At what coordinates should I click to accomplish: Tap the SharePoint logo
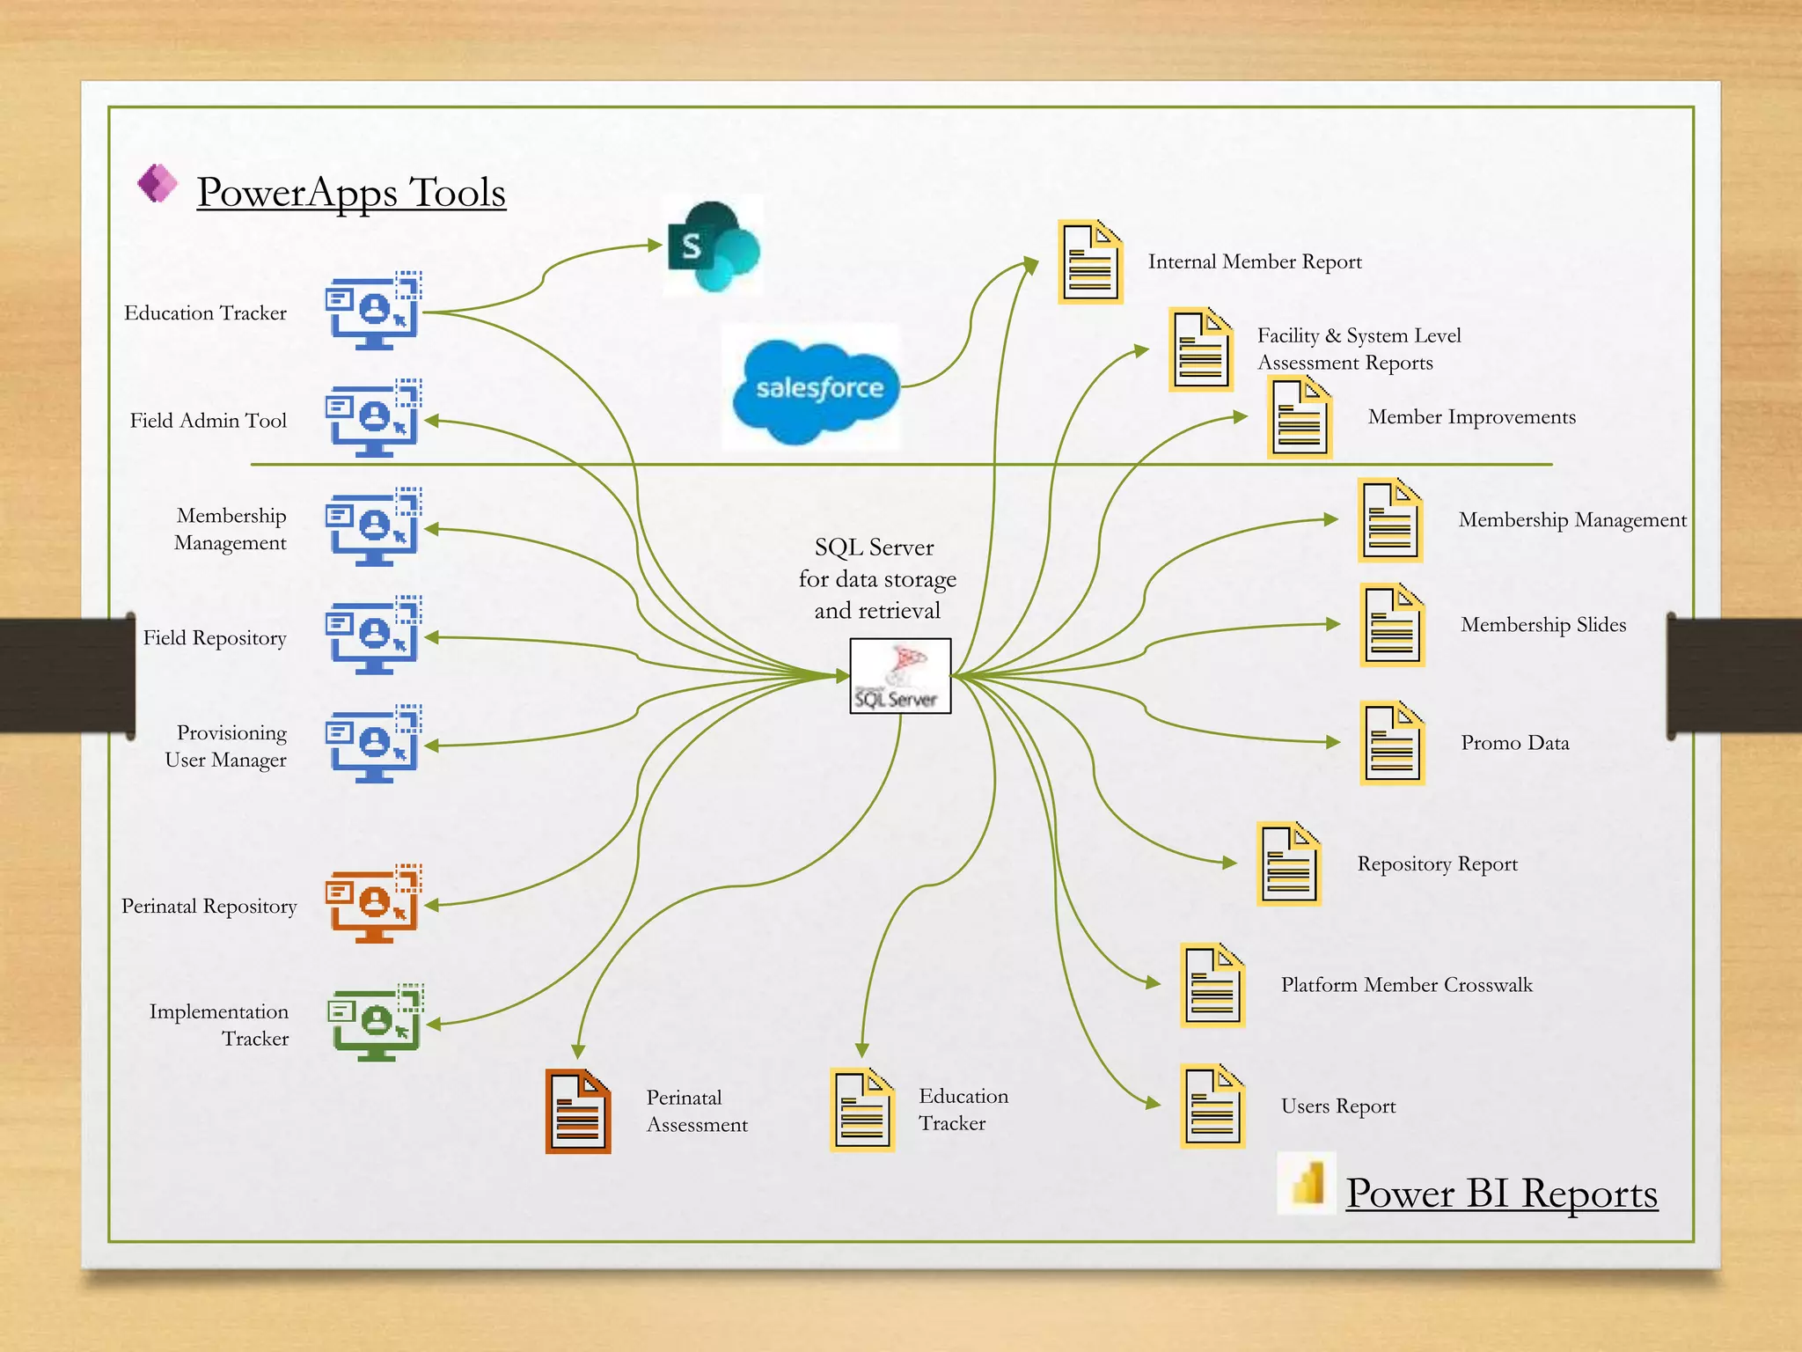point(714,246)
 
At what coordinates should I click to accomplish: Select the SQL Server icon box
point(900,676)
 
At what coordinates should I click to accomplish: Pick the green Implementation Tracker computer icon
point(377,1022)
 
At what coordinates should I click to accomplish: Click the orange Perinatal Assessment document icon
point(577,1111)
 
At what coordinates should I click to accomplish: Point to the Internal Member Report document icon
point(1090,261)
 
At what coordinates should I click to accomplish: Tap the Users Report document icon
point(1212,1106)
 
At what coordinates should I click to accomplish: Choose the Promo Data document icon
point(1392,743)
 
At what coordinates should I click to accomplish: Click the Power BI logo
point(1307,1183)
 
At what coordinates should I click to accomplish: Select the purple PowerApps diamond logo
point(157,183)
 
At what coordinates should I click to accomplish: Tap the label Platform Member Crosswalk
point(1406,985)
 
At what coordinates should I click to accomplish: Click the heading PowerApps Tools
point(351,192)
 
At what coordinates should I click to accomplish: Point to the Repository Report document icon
point(1289,864)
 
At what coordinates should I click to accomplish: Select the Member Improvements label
point(1471,417)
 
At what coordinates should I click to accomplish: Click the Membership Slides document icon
point(1392,625)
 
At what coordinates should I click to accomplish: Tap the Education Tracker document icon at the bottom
point(862,1109)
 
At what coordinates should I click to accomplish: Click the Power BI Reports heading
point(1501,1194)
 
